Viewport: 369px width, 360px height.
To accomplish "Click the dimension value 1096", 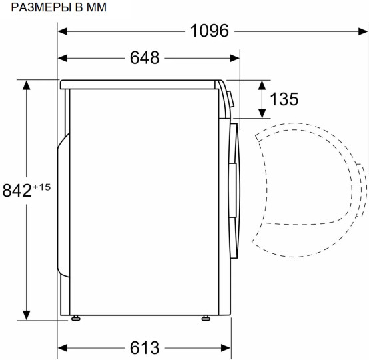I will [210, 31].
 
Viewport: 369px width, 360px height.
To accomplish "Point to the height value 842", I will [17, 191].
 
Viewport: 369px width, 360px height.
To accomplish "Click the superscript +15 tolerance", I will [42, 187].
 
